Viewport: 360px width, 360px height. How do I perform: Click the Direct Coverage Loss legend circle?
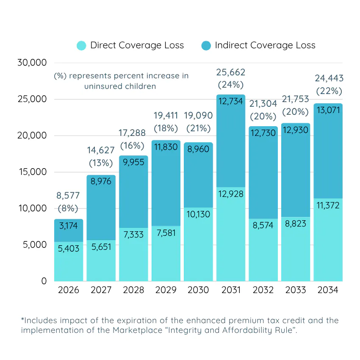pyautogui.click(x=81, y=46)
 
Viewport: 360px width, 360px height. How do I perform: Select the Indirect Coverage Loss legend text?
pyautogui.click(x=265, y=46)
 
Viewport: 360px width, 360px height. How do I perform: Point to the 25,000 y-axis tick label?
pyautogui.click(x=32, y=99)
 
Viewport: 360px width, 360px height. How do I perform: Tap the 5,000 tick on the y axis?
pyautogui.click(x=34, y=245)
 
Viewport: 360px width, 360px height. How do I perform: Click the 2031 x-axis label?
pyautogui.click(x=231, y=290)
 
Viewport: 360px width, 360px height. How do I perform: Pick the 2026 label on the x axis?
pyautogui.click(x=69, y=290)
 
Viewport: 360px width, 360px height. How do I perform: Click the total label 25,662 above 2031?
pyautogui.click(x=231, y=72)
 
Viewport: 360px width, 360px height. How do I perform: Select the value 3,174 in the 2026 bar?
pyautogui.click(x=69, y=226)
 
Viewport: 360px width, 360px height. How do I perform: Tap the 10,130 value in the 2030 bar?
pyautogui.click(x=198, y=214)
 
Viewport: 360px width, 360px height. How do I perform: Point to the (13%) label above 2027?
pyautogui.click(x=101, y=163)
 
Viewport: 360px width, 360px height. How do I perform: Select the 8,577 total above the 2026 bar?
pyautogui.click(x=69, y=196)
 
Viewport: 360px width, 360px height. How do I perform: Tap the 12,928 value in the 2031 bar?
pyautogui.click(x=231, y=194)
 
